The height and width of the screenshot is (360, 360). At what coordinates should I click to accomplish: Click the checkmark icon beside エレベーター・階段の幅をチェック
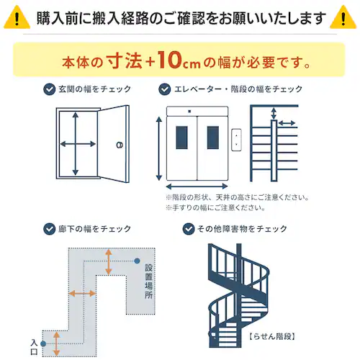(164, 90)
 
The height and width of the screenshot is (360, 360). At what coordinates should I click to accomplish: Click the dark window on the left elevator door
(181, 139)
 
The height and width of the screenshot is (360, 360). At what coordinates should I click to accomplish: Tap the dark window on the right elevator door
(212, 139)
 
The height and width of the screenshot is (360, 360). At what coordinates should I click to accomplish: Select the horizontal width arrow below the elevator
(197, 186)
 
